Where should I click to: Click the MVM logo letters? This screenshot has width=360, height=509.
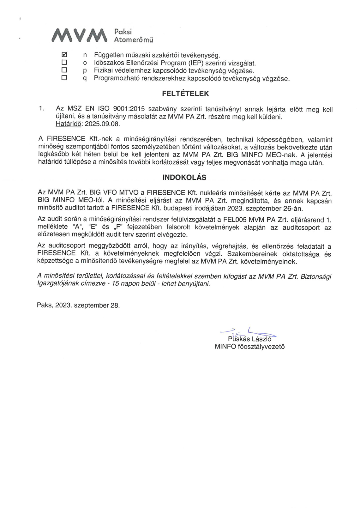click(x=79, y=35)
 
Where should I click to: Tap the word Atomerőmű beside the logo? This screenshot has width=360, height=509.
click(x=134, y=40)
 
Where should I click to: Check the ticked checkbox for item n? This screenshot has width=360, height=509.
click(x=64, y=54)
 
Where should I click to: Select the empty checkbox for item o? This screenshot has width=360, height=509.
click(x=64, y=62)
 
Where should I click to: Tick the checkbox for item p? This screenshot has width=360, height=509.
click(x=64, y=70)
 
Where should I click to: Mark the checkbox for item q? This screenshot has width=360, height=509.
click(x=64, y=77)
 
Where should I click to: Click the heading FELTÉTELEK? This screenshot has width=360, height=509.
click(x=185, y=94)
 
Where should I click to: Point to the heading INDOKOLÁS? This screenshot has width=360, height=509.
click(x=184, y=178)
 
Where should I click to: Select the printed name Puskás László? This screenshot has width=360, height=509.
click(x=250, y=339)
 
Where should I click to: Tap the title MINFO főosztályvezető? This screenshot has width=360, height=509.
click(x=249, y=347)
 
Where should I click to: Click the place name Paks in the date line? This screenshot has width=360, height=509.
click(x=44, y=305)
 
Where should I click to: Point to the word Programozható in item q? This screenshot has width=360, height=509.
click(x=117, y=78)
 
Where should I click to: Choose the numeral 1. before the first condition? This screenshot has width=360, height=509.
click(x=41, y=109)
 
